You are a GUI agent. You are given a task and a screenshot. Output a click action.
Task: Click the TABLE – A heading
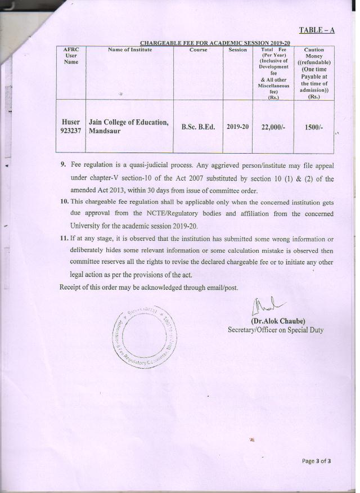(316, 30)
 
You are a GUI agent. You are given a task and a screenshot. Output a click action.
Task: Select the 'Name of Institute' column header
(129, 50)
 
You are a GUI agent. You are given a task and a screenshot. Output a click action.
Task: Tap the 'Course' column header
(198, 50)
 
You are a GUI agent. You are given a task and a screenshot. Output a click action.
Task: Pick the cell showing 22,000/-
(273, 127)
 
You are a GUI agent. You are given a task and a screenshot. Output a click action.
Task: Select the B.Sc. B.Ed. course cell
(198, 127)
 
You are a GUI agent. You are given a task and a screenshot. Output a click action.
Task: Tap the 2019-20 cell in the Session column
(237, 127)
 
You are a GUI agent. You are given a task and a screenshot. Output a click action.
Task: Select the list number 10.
(64, 200)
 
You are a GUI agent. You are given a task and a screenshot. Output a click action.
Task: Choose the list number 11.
(64, 239)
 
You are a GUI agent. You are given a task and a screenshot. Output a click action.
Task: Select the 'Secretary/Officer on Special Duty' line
(275, 330)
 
